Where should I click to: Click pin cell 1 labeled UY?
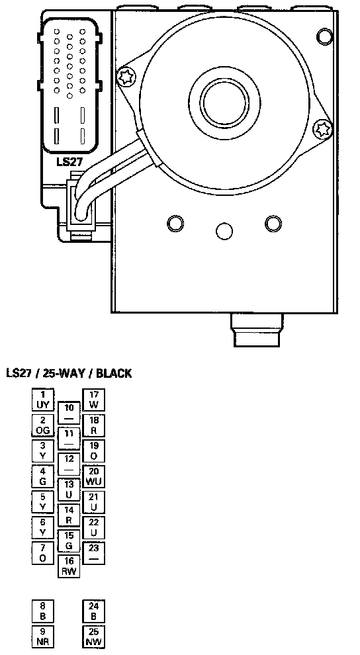point(43,400)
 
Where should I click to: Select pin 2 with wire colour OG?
point(43,425)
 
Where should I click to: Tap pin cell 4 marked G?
point(43,476)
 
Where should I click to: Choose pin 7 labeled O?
point(43,553)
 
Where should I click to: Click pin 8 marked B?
point(43,611)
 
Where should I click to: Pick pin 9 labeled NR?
point(43,636)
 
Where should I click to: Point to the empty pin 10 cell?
point(69,413)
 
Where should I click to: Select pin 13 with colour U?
point(69,490)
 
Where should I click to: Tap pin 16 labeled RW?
point(69,566)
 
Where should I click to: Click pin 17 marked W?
point(93,400)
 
